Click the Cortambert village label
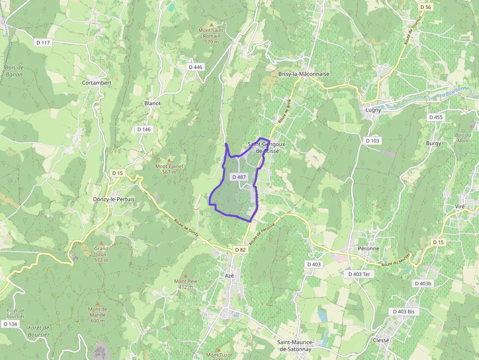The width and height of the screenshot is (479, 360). (x=97, y=83)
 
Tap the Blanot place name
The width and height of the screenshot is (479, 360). (x=152, y=104)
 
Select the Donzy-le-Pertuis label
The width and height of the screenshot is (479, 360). (x=113, y=199)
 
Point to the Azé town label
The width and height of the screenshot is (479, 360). (x=230, y=275)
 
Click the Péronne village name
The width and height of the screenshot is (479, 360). (x=369, y=248)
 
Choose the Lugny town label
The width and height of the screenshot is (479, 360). (x=373, y=110)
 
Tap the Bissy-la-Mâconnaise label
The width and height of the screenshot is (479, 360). (x=304, y=74)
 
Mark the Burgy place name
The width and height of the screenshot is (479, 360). (x=433, y=143)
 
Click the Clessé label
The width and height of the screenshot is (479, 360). (x=381, y=340)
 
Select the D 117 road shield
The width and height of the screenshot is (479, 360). (x=43, y=42)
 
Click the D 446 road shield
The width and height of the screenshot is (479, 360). (x=195, y=67)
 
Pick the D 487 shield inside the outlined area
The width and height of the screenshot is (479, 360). (x=239, y=177)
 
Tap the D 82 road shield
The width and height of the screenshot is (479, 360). (x=240, y=250)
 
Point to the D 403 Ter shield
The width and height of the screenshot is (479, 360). (x=359, y=274)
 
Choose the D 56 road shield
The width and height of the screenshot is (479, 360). (x=426, y=7)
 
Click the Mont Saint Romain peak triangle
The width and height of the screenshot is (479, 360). (x=212, y=24)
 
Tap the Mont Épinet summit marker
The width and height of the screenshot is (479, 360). (x=170, y=160)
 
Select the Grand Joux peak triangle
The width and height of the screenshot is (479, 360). (x=101, y=242)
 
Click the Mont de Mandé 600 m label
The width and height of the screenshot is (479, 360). (x=97, y=315)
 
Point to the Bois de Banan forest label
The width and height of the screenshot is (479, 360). (x=14, y=71)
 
